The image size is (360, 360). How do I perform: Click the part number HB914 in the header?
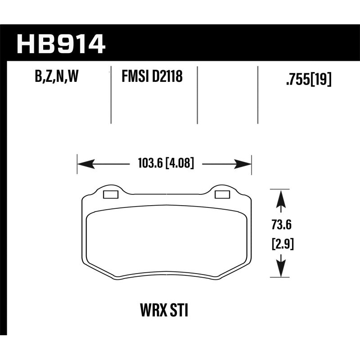click(x=61, y=44)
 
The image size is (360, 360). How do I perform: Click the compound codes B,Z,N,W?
click(x=57, y=78)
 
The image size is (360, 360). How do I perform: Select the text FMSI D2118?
click(x=152, y=77)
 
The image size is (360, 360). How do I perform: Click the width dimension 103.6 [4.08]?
click(x=164, y=164)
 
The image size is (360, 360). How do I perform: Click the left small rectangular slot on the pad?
click(x=110, y=194)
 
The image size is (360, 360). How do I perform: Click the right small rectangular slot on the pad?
click(x=222, y=194)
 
